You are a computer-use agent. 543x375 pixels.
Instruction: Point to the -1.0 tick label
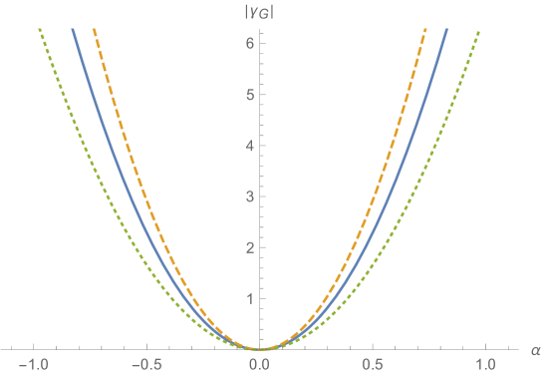(x=33, y=364)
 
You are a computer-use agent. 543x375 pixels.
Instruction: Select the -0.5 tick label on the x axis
(x=146, y=364)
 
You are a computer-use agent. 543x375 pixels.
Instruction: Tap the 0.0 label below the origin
(x=259, y=364)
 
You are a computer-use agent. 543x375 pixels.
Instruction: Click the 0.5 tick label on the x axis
(x=373, y=364)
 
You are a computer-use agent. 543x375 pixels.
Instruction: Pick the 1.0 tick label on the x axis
(x=485, y=364)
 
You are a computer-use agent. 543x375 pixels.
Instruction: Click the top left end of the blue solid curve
(x=73, y=30)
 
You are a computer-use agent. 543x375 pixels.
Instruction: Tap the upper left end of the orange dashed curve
(x=94, y=30)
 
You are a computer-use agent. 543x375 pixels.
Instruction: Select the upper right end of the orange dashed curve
(x=425, y=30)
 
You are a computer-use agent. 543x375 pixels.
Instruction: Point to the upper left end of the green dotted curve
(x=40, y=30)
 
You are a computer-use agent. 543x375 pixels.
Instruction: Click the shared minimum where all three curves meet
(x=259, y=348)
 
